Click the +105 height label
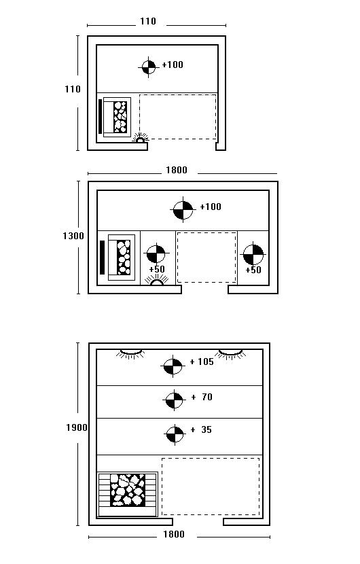click(x=202, y=362)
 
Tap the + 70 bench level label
click(x=202, y=397)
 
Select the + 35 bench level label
click(x=202, y=429)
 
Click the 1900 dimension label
click(x=77, y=427)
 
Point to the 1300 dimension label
click(x=73, y=236)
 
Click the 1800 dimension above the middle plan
click(x=176, y=170)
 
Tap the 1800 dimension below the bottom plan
click(x=174, y=534)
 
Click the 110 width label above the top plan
click(x=148, y=22)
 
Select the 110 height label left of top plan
click(x=73, y=89)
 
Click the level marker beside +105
click(x=173, y=366)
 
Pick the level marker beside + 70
click(x=175, y=400)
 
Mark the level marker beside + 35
click(x=175, y=434)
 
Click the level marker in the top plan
click(x=149, y=67)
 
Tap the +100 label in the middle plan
click(x=211, y=207)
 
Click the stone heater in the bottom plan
click(x=128, y=494)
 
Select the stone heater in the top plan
click(x=116, y=117)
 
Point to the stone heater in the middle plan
click(x=121, y=258)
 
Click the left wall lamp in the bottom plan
click(x=130, y=353)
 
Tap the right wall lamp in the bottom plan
click(x=230, y=353)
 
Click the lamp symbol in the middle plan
click(x=157, y=281)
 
